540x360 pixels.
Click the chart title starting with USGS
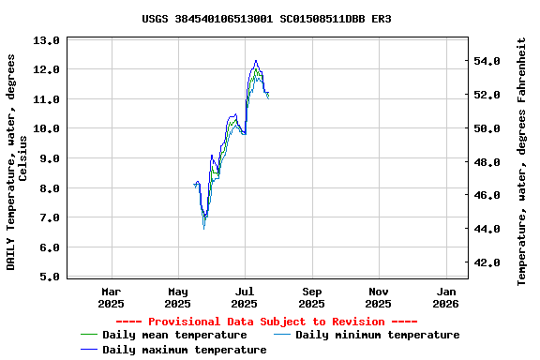point(267,19)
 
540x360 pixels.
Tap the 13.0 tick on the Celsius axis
point(46,40)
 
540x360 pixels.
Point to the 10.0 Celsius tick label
point(46,128)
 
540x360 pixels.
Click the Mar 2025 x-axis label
point(111,297)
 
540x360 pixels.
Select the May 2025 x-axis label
point(177,297)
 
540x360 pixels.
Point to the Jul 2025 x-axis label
point(245,297)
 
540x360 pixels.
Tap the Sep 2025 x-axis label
point(312,297)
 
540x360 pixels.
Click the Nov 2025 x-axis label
point(379,297)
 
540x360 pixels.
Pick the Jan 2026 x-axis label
point(445,297)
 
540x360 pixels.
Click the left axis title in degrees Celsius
point(17,161)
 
